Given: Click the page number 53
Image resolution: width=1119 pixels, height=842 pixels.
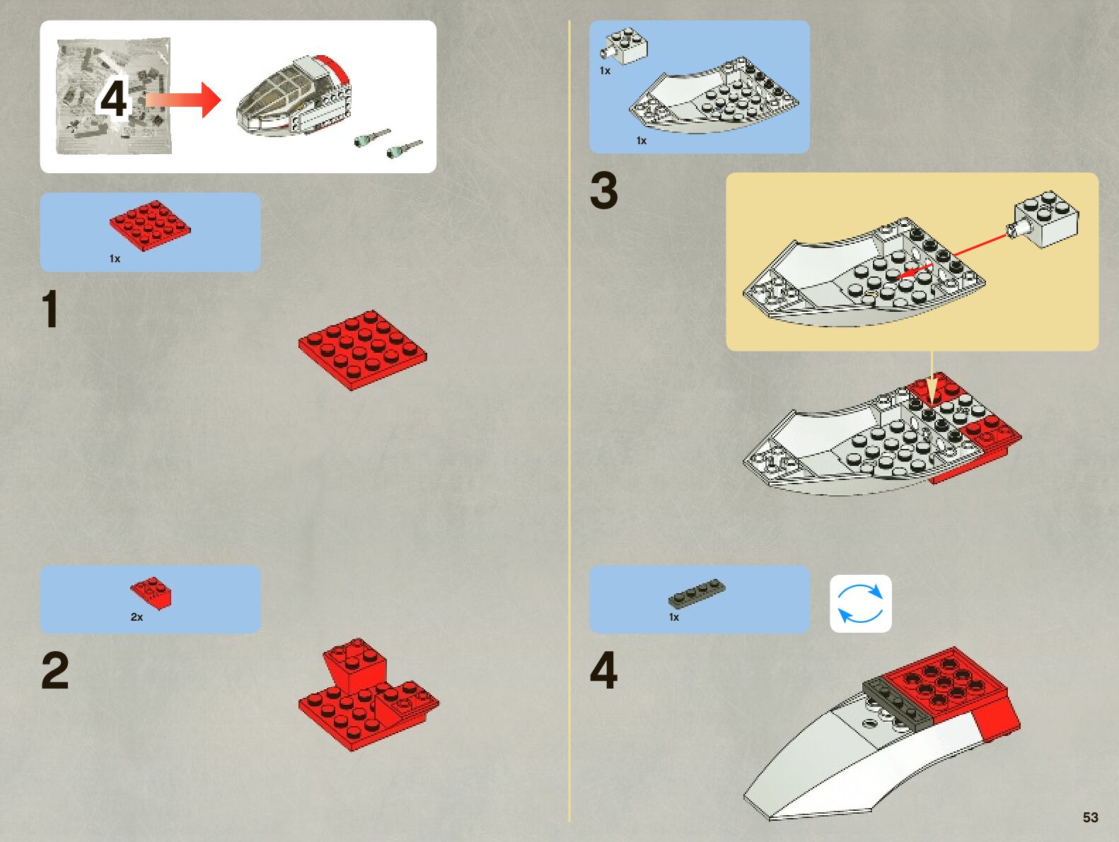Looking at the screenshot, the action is click(x=1091, y=817).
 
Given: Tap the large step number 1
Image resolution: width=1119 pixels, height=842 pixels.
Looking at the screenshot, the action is click(x=50, y=309).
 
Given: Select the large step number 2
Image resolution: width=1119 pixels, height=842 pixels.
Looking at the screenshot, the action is click(x=54, y=670).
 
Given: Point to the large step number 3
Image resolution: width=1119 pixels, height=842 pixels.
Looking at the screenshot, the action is click(x=604, y=190).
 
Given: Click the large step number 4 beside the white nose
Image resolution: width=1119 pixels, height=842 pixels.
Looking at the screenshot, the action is click(x=604, y=670).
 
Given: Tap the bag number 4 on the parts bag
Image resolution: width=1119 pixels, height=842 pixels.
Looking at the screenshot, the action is click(x=113, y=98).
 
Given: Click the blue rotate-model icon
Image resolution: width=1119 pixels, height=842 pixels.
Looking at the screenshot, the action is click(x=861, y=604).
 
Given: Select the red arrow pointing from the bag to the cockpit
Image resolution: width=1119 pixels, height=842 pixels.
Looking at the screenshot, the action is click(x=183, y=100).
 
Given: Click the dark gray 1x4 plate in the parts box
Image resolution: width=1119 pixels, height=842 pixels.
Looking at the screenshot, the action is click(x=697, y=593).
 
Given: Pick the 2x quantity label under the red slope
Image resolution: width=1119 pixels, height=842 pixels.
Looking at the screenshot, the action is click(x=137, y=617).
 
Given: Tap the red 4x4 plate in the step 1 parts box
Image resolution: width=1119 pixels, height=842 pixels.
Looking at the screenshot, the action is click(x=150, y=225).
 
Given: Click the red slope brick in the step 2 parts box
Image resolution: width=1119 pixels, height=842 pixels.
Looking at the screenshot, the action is click(x=151, y=593).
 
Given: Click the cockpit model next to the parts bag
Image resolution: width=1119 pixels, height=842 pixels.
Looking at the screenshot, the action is click(x=294, y=97).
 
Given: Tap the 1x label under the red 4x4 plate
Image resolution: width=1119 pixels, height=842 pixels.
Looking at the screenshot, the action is click(x=115, y=259).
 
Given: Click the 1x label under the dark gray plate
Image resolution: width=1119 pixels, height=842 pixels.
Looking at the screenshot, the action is click(x=674, y=617).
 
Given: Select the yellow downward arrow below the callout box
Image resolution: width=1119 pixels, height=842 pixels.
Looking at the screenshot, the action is click(x=932, y=378).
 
